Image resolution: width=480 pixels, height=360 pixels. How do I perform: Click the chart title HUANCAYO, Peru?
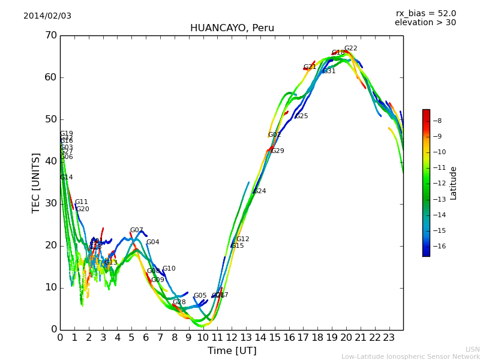coord(232,28)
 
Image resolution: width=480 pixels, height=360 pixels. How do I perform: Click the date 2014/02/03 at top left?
coord(47,16)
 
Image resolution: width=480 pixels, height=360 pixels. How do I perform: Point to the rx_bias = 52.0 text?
coord(425,13)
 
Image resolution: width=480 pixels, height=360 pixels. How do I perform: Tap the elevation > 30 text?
coord(425,22)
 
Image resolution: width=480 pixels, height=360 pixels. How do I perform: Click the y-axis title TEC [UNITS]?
coord(36,182)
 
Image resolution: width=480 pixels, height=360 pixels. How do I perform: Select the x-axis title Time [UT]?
coord(232,350)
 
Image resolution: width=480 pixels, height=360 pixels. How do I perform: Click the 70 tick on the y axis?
coord(50,35)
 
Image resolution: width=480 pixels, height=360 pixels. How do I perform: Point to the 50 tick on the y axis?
coord(50,119)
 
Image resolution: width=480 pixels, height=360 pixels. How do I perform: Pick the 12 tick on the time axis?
coord(232,337)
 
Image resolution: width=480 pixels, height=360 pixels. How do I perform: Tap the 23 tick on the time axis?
coord(389,337)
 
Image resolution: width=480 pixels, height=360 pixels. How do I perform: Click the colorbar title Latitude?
coord(453,182)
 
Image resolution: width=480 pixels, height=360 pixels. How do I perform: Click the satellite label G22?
coord(350,49)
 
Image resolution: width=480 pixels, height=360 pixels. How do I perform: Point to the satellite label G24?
coord(259,191)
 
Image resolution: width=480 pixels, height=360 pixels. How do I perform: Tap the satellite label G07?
coord(136,230)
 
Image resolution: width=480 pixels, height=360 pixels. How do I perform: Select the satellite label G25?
coord(301,116)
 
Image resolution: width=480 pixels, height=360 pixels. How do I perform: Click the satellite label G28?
coord(179,302)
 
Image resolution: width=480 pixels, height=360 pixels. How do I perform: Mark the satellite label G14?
coord(66,178)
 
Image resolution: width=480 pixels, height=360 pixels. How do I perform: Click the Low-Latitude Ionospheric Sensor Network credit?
coord(410,356)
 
